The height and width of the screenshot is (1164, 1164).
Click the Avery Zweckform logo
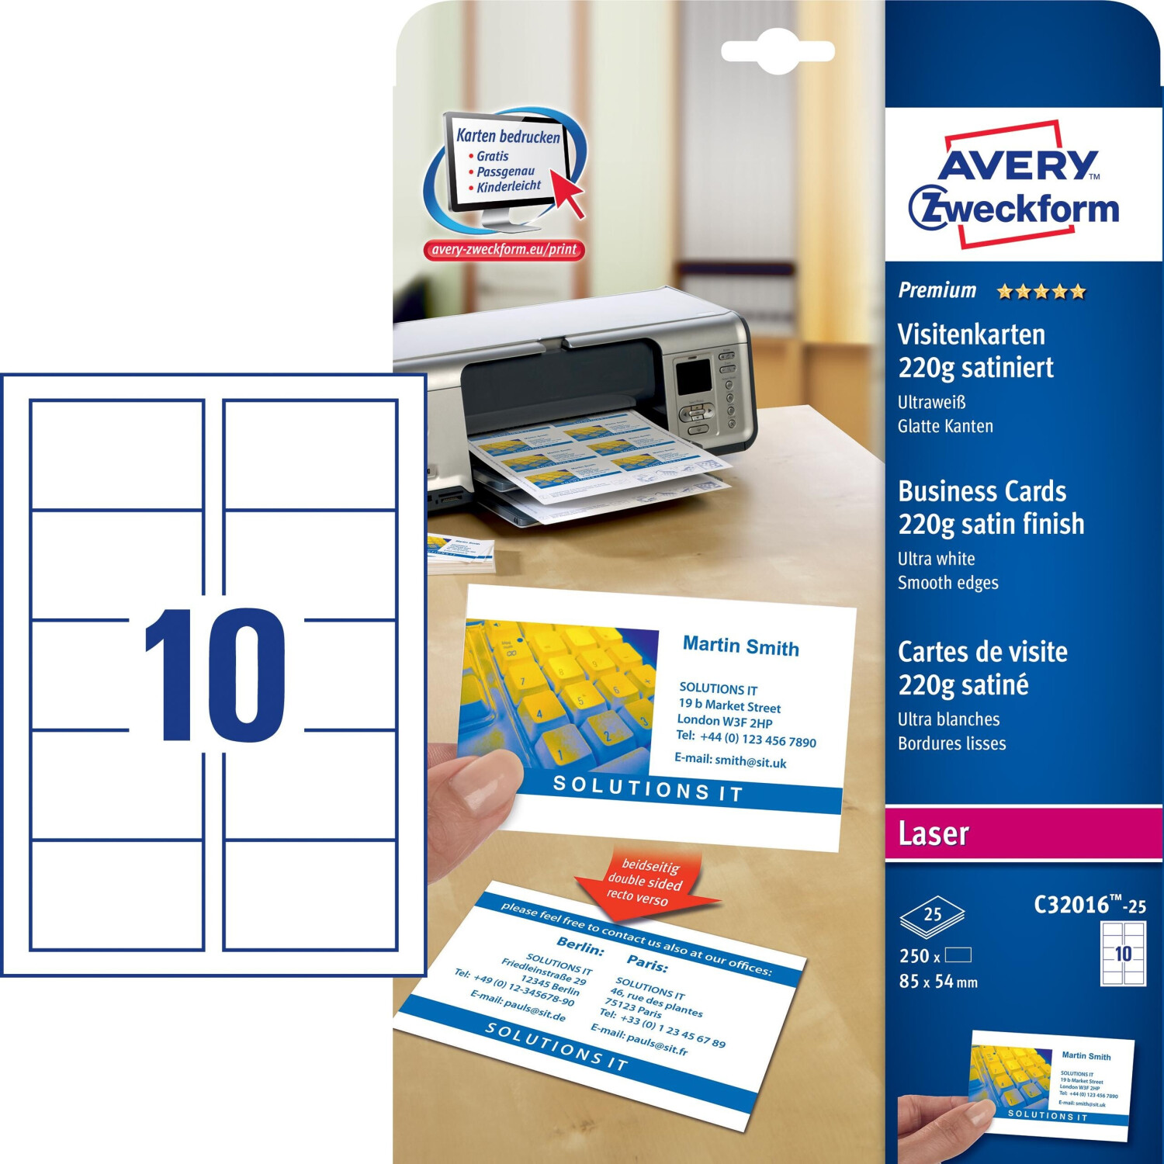tap(1013, 186)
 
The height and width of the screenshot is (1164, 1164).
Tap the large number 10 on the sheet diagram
tap(215, 674)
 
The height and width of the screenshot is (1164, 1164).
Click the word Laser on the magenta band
tap(934, 833)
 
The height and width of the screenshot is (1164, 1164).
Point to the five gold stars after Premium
tap(1041, 292)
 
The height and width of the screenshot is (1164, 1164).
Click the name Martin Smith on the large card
tap(740, 646)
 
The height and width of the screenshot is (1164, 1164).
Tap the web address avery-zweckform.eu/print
tap(504, 249)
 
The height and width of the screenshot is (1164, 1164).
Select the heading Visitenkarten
tap(971, 334)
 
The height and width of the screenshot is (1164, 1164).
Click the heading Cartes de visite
tap(982, 652)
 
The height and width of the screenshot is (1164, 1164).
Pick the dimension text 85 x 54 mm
tap(938, 982)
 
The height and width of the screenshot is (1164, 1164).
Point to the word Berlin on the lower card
tap(580, 947)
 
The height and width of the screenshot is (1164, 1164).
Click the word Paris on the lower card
tap(647, 965)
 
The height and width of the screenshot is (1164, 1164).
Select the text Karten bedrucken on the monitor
tap(508, 137)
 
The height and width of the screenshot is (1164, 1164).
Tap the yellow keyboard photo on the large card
tap(557, 691)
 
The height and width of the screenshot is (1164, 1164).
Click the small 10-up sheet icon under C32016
tap(1123, 953)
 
